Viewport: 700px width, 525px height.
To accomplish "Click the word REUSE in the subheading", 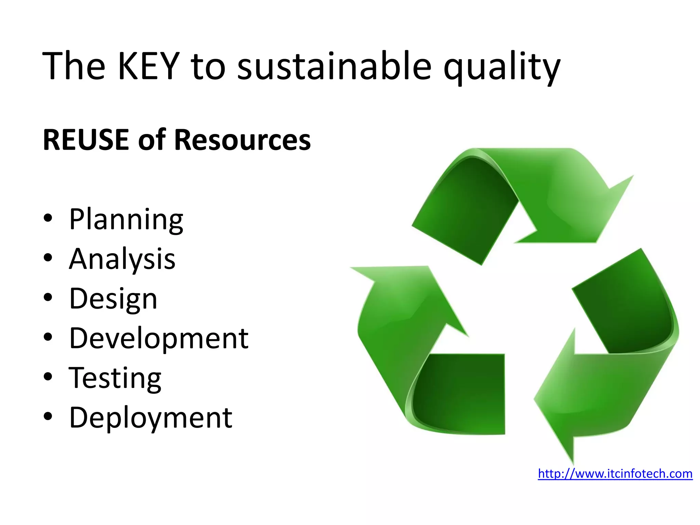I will coord(86,140).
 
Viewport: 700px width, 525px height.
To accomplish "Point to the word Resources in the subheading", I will coord(242,140).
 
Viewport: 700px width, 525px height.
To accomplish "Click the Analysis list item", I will coord(122,259).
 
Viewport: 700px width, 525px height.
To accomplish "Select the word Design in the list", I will coord(113,299).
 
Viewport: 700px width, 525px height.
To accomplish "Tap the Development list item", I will coord(159,338).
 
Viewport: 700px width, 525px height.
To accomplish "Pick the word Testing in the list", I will coord(115,378).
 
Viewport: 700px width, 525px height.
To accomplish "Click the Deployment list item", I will coord(150,418).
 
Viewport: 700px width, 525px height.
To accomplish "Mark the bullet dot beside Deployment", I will coord(48,416).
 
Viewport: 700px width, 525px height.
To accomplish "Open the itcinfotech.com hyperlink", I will coord(615,474).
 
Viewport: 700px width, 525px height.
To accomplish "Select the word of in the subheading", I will coord(151,140).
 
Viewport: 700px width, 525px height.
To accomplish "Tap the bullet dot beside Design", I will coord(48,297).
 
